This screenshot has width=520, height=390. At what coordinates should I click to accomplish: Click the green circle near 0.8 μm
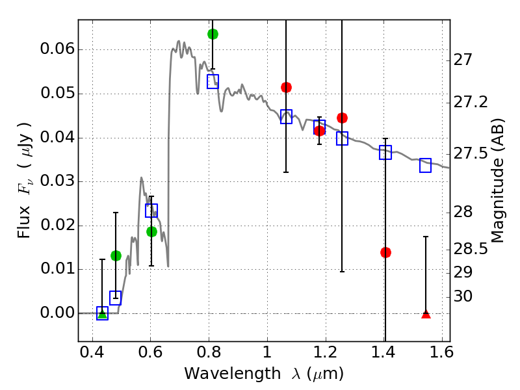click(x=213, y=34)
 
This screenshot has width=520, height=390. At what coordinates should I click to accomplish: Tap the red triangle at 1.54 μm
click(x=426, y=314)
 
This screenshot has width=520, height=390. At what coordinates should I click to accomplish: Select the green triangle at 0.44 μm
click(x=102, y=313)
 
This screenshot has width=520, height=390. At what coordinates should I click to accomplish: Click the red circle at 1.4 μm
click(x=385, y=252)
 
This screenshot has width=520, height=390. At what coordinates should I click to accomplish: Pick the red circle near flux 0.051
click(x=286, y=87)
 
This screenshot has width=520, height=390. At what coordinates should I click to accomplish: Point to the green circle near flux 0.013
click(x=116, y=255)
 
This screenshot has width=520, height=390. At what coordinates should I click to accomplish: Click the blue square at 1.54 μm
click(x=426, y=166)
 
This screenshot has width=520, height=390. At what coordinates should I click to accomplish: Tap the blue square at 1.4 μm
click(x=385, y=153)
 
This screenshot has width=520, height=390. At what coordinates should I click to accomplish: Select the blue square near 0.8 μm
click(x=213, y=81)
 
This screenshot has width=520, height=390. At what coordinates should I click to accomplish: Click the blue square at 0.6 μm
click(x=151, y=211)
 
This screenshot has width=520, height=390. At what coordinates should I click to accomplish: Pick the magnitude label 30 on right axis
click(x=464, y=296)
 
